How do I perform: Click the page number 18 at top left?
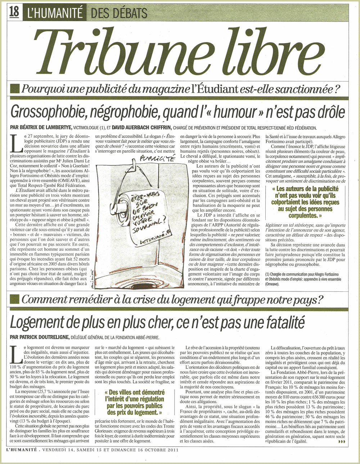tap(14, 12)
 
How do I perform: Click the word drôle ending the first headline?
tap(329, 113)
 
